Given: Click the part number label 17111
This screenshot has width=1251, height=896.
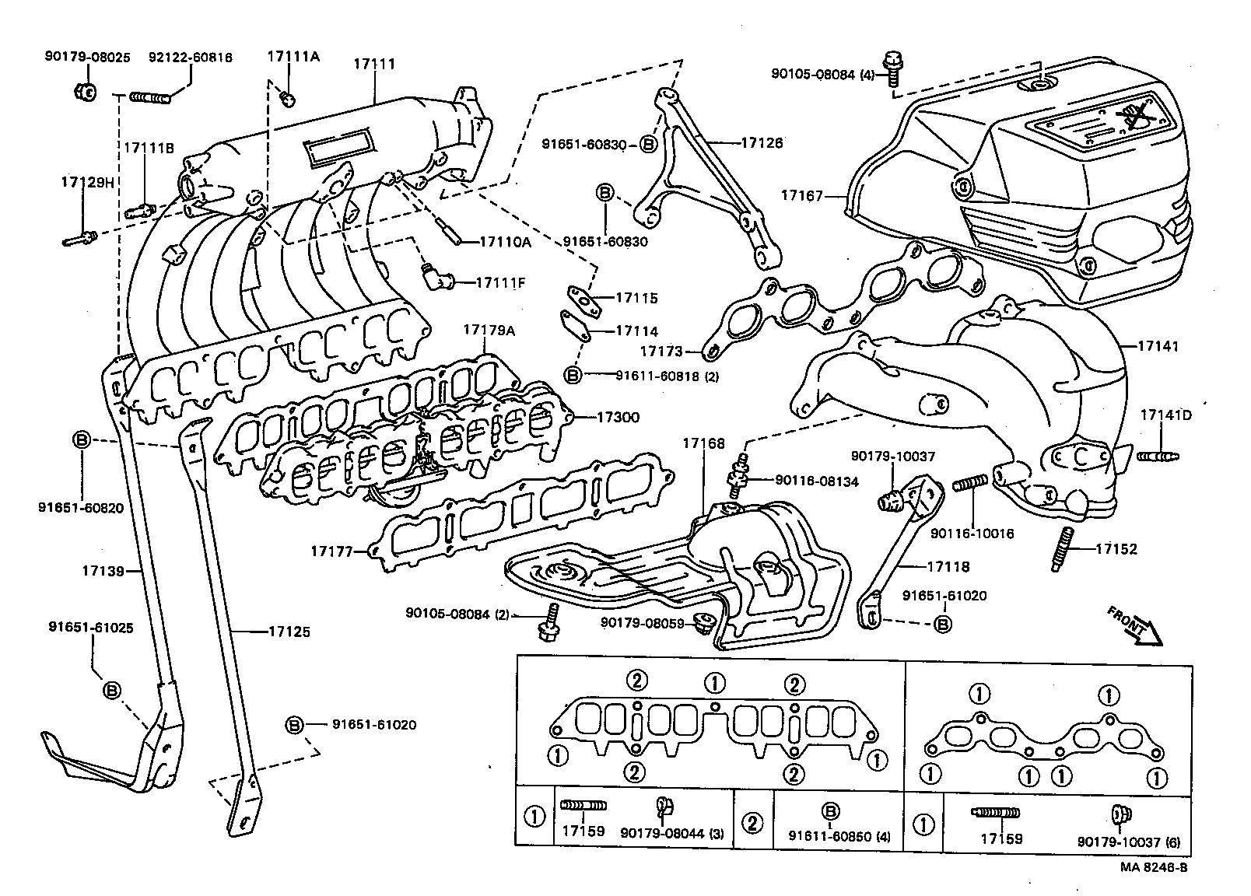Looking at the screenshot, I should pos(374,64).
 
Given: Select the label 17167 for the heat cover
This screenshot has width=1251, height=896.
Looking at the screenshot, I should pos(801,196).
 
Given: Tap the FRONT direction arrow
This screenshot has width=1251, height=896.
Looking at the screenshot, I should pos(1135,626).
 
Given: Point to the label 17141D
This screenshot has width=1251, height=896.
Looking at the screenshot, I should pos(1165,415).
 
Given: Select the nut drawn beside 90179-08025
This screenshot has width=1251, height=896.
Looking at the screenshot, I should pos(87,92).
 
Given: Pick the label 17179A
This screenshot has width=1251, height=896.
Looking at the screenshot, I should pos(489,330).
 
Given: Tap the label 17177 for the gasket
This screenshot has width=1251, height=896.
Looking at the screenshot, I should pos(332,551).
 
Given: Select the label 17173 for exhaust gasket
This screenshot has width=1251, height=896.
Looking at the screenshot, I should pos(661,352).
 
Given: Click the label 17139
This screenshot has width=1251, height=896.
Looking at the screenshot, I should pos(103,572).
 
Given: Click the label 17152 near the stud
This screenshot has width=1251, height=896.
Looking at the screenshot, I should pos(1116,549).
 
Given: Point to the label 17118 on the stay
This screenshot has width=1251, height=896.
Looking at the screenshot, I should pos(948,567).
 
